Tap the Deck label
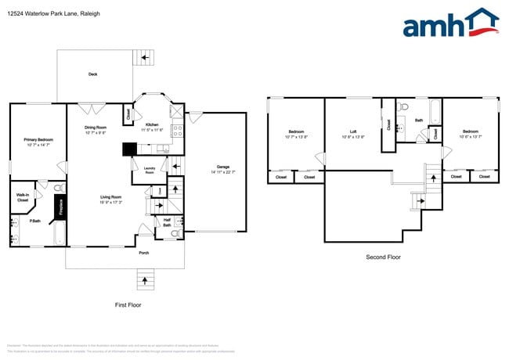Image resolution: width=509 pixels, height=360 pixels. [x=92, y=74]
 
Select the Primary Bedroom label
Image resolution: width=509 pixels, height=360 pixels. [x=38, y=139]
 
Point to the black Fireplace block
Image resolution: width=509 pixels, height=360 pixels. [x=58, y=207]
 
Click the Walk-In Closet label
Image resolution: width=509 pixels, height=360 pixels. [x=23, y=198]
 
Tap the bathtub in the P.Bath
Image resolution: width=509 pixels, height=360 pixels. [x=58, y=233]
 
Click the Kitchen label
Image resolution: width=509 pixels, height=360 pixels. [x=152, y=124]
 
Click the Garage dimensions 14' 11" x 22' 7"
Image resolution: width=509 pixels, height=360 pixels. [x=222, y=172]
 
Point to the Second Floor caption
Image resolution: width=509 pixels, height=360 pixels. [x=384, y=257]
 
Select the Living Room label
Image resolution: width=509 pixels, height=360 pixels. [x=110, y=197]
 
